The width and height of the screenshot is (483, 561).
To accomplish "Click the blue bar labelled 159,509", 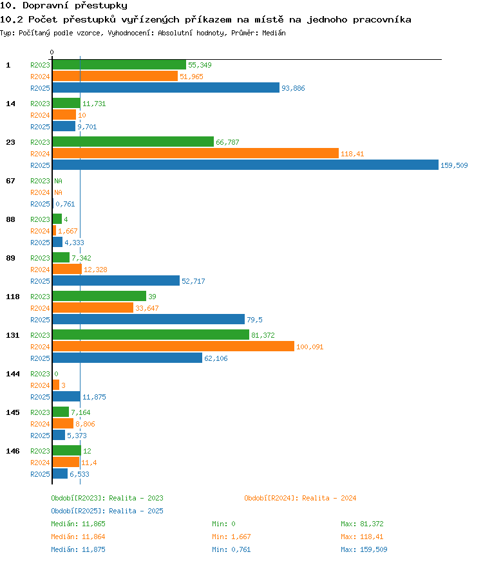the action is pyautogui.click(x=245, y=165).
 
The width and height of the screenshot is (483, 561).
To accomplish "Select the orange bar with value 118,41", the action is pyautogui.click(x=196, y=154).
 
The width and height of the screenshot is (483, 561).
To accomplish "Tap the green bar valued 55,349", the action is pyautogui.click(x=119, y=65).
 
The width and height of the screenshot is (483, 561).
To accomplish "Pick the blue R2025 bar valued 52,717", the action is pyautogui.click(x=116, y=281).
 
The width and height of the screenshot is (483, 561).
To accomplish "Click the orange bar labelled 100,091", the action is pyautogui.click(x=173, y=346).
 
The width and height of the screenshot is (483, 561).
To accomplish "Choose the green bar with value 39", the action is pyautogui.click(x=99, y=296).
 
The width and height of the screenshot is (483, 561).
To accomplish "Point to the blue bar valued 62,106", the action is pyautogui.click(x=127, y=358).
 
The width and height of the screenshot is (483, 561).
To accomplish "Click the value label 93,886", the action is pyautogui.click(x=293, y=88).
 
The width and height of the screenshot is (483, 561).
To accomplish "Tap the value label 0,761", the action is pyautogui.click(x=65, y=204).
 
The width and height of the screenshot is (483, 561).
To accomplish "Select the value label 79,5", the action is pyautogui.click(x=254, y=320).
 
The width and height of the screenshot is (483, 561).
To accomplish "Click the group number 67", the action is pyautogui.click(x=11, y=181).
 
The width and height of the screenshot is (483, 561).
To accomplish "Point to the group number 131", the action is pyautogui.click(x=12, y=335).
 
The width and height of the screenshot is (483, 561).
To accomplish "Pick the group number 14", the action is pyautogui.click(x=11, y=104).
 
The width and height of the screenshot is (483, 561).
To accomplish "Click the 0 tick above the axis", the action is pyautogui.click(x=52, y=52).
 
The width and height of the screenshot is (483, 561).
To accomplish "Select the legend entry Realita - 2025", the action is pyautogui.click(x=107, y=511).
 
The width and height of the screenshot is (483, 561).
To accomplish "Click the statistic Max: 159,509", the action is pyautogui.click(x=364, y=549).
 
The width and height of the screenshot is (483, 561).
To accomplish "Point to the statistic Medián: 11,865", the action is pyautogui.click(x=78, y=524).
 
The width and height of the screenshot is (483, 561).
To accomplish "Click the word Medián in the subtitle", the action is pyautogui.click(x=274, y=33).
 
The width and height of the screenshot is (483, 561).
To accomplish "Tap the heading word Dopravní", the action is pyautogui.click(x=46, y=5).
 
